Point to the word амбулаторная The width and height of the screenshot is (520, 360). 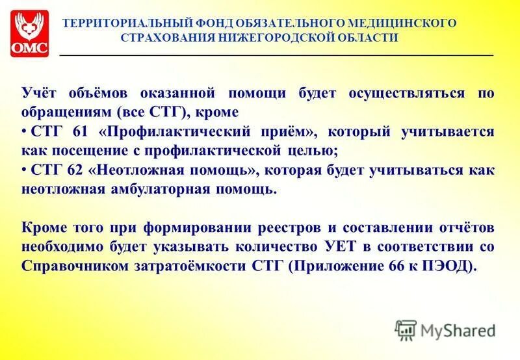pos(155,190)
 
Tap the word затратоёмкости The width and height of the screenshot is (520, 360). pos(181,266)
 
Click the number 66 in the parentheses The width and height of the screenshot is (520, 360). pos(399,266)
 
